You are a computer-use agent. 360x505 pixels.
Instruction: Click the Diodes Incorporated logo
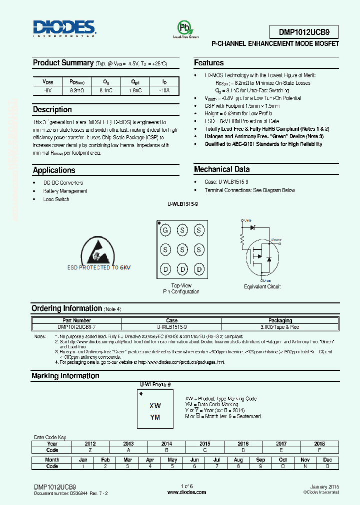63,29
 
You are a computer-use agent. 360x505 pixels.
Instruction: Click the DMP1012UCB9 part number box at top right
304,32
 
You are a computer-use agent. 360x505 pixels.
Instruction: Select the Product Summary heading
63,63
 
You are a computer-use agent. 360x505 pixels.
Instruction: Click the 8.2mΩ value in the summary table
77,91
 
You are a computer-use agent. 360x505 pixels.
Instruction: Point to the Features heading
209,63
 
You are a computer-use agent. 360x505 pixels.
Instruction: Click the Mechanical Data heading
221,169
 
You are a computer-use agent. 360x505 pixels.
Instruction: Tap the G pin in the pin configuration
165,230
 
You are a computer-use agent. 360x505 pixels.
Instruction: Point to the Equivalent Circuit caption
262,287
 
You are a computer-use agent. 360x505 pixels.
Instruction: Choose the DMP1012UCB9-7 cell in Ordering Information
77,326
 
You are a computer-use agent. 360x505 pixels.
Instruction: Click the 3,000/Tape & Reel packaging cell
280,326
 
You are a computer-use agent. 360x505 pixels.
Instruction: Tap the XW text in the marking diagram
155,406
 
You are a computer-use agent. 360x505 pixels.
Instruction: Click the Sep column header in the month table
260,460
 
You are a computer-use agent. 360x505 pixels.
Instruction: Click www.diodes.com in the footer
186,492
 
